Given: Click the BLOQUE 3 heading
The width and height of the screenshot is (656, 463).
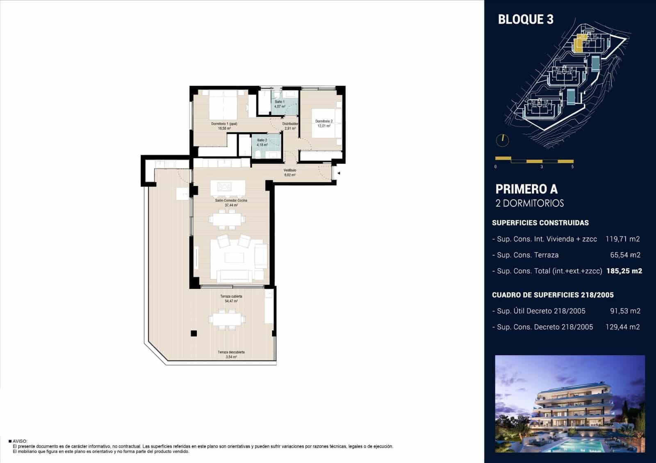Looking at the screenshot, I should point(526,19).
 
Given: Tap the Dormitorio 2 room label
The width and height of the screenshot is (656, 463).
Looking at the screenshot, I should point(323,121).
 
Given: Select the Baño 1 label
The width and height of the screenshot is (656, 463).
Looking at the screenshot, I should point(280,102).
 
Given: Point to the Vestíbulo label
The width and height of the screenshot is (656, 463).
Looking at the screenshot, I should point(289,170).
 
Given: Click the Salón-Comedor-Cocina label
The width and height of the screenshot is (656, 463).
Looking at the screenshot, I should point(231,200).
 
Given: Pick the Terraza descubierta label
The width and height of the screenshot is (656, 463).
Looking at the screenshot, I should point(231,352).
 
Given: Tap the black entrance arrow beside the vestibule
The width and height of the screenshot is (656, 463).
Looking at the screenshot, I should point(339,173).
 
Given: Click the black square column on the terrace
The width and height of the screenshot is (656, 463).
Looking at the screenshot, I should point(194,334).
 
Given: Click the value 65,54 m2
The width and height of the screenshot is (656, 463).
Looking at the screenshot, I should point(625,255).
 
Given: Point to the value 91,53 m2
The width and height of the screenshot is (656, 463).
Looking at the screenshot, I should point(625,311).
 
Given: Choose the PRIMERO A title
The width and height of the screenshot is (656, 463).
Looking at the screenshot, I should point(526,189).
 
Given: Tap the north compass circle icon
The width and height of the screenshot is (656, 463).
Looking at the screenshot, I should point(502,141).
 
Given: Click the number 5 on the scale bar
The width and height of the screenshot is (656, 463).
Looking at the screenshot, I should point(572,167).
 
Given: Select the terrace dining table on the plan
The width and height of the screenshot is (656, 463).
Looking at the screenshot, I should point(227,319).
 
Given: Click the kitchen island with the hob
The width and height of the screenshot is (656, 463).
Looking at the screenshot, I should point(228,188).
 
